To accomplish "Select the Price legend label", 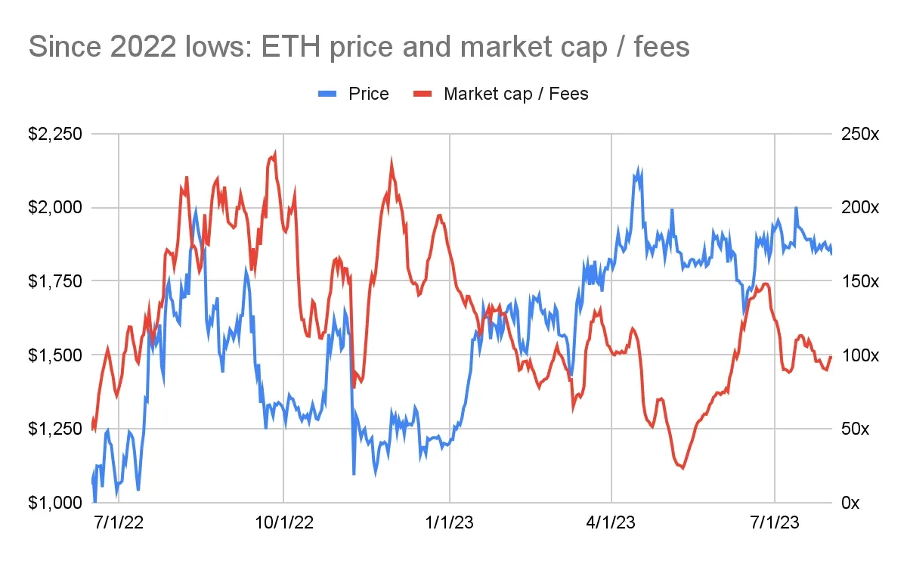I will pos(368,94).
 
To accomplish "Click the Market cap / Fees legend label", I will pos(515,94).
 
